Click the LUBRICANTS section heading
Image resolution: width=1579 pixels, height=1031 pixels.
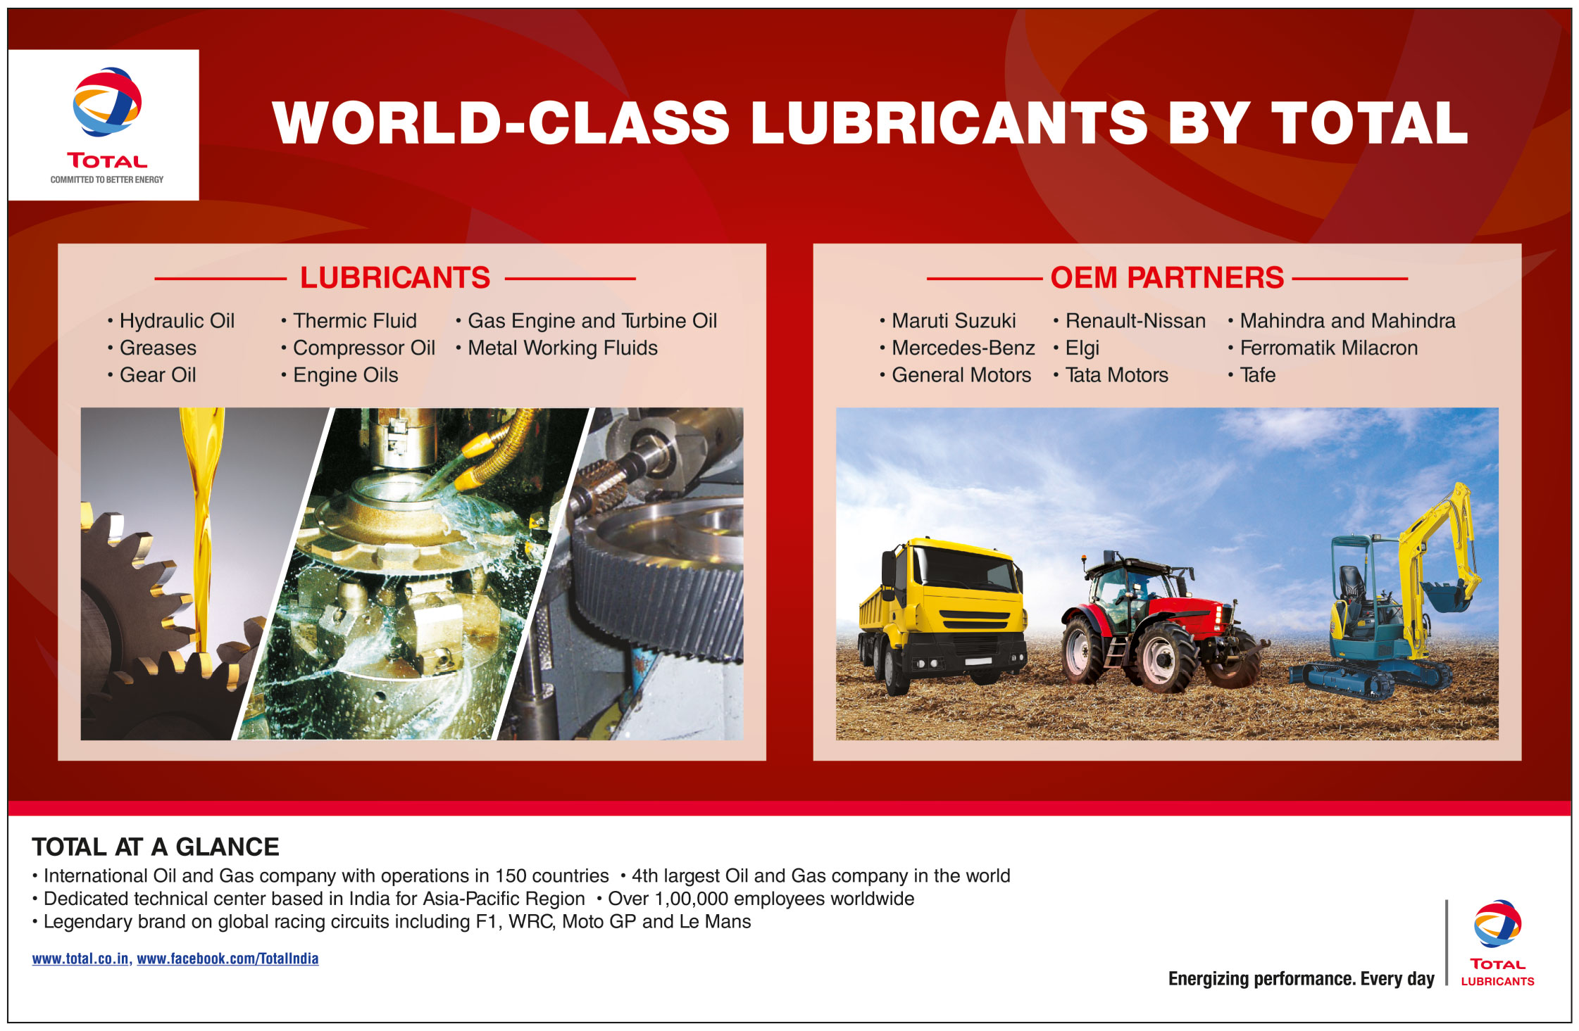pos(395,277)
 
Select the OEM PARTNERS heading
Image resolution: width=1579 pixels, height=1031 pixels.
pos(1167,277)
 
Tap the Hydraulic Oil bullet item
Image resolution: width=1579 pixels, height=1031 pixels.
pos(177,321)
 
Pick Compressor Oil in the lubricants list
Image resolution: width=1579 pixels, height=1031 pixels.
pos(364,348)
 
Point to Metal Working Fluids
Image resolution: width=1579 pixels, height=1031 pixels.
pos(563,348)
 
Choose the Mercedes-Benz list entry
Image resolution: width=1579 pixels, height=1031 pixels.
pos(963,348)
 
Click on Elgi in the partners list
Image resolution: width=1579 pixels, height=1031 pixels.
pos(1082,348)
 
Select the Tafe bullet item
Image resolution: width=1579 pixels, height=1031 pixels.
pos(1258,375)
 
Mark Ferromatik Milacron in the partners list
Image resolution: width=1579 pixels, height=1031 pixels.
pos(1329,348)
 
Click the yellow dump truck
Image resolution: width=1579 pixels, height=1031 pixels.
pos(942,614)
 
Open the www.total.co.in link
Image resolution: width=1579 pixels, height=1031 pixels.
pos(80,959)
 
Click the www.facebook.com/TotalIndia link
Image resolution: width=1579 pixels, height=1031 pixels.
pos(227,959)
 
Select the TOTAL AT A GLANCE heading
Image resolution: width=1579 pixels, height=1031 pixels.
pos(156,847)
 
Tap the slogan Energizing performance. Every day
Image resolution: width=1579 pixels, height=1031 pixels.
pos(1301,979)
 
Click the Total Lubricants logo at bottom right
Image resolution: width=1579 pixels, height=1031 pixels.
pos(1497,943)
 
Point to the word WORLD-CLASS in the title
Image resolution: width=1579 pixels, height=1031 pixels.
pos(501,122)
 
